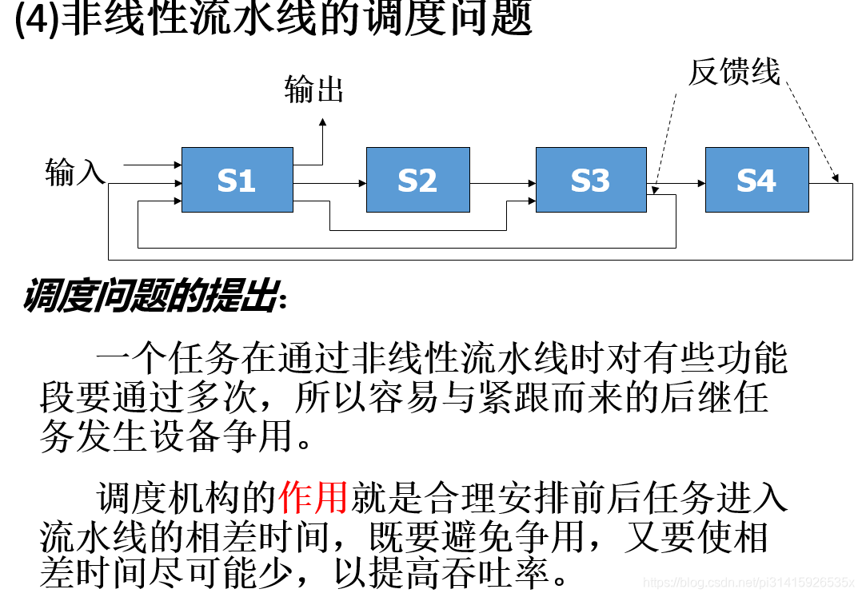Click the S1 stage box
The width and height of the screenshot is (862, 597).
[237, 180]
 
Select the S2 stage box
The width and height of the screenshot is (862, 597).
[417, 180]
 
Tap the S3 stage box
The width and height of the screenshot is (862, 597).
[590, 180]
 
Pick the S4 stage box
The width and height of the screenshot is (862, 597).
[756, 180]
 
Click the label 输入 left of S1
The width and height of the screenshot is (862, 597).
[75, 172]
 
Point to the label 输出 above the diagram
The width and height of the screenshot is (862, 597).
[313, 90]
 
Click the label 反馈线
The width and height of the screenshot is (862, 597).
[733, 72]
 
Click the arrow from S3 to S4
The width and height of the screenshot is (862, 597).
[676, 183]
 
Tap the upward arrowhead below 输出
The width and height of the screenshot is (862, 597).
[322, 122]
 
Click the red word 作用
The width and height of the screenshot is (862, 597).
[313, 499]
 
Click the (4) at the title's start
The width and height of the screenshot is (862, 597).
[36, 20]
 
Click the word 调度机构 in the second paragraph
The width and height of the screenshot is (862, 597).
[167, 499]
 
